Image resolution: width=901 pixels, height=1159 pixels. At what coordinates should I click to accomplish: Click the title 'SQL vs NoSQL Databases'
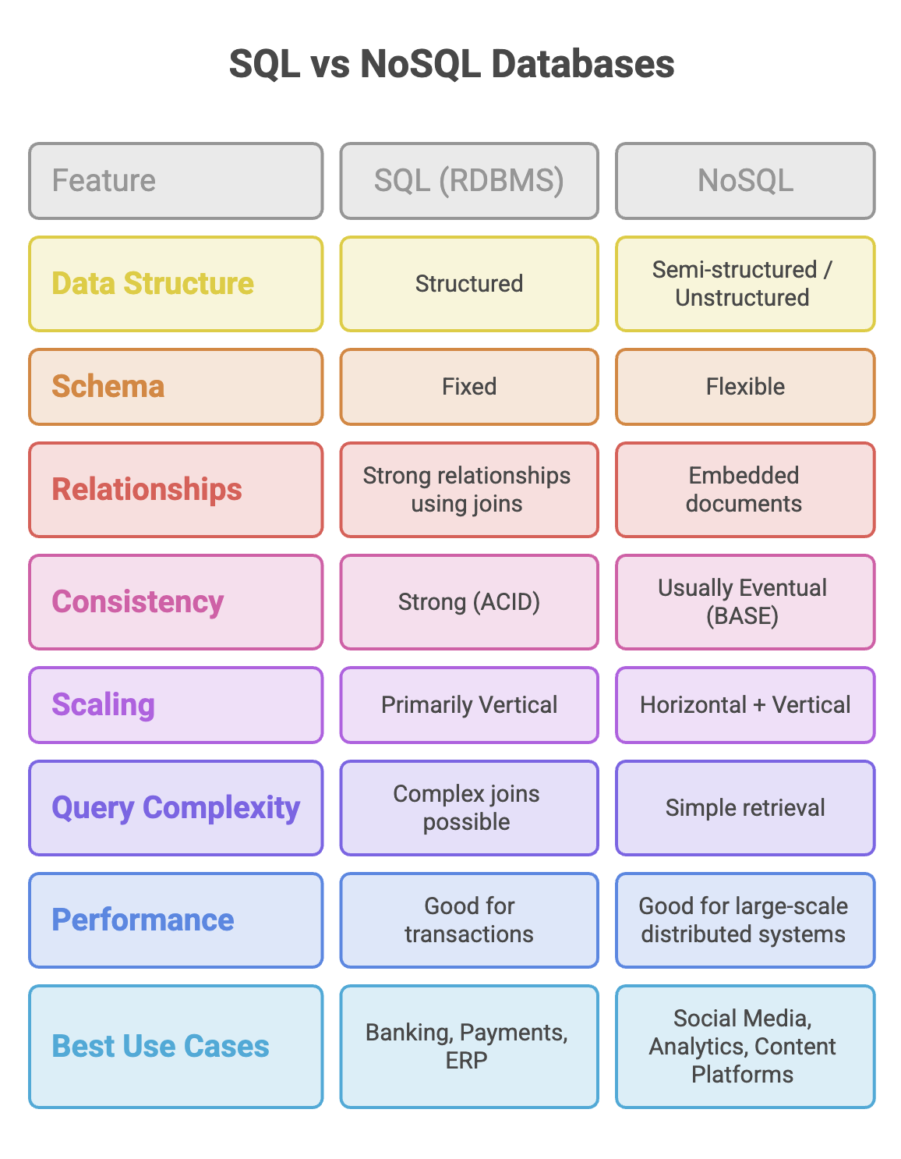pos(451,64)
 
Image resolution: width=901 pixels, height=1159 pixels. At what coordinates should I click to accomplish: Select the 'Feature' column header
pos(176,180)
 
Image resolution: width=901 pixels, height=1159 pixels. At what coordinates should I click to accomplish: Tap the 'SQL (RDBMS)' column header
pos(469,180)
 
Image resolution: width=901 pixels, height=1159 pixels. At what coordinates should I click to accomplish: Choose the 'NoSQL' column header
pos(745,180)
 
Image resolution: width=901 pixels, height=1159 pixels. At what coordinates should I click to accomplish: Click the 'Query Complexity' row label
pos(176,807)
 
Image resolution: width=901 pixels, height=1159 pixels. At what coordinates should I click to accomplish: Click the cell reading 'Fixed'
pos(469,386)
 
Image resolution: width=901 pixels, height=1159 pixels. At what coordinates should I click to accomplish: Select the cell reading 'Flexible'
pos(745,386)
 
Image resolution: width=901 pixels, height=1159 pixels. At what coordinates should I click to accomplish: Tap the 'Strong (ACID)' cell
pos(469,601)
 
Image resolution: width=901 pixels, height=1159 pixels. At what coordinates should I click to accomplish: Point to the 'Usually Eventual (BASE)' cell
pos(745,601)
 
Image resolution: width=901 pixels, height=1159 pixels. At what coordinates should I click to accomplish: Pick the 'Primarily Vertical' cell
pos(469,704)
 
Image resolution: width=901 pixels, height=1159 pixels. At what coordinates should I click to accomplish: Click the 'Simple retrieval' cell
pos(745,807)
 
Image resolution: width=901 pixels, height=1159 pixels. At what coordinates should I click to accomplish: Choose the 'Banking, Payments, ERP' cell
pos(469,1046)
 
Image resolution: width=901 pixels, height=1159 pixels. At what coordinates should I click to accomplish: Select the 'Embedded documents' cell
pos(745,489)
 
